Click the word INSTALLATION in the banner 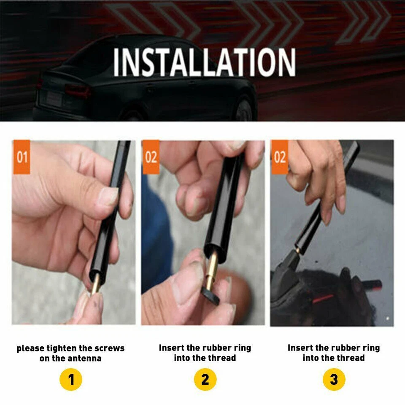click(x=204, y=62)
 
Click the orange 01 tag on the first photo click(x=22, y=157)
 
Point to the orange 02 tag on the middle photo click(x=151, y=157)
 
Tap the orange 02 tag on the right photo click(x=280, y=157)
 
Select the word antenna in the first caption click(x=84, y=359)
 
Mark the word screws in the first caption click(x=111, y=348)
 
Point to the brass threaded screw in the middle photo click(x=212, y=270)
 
